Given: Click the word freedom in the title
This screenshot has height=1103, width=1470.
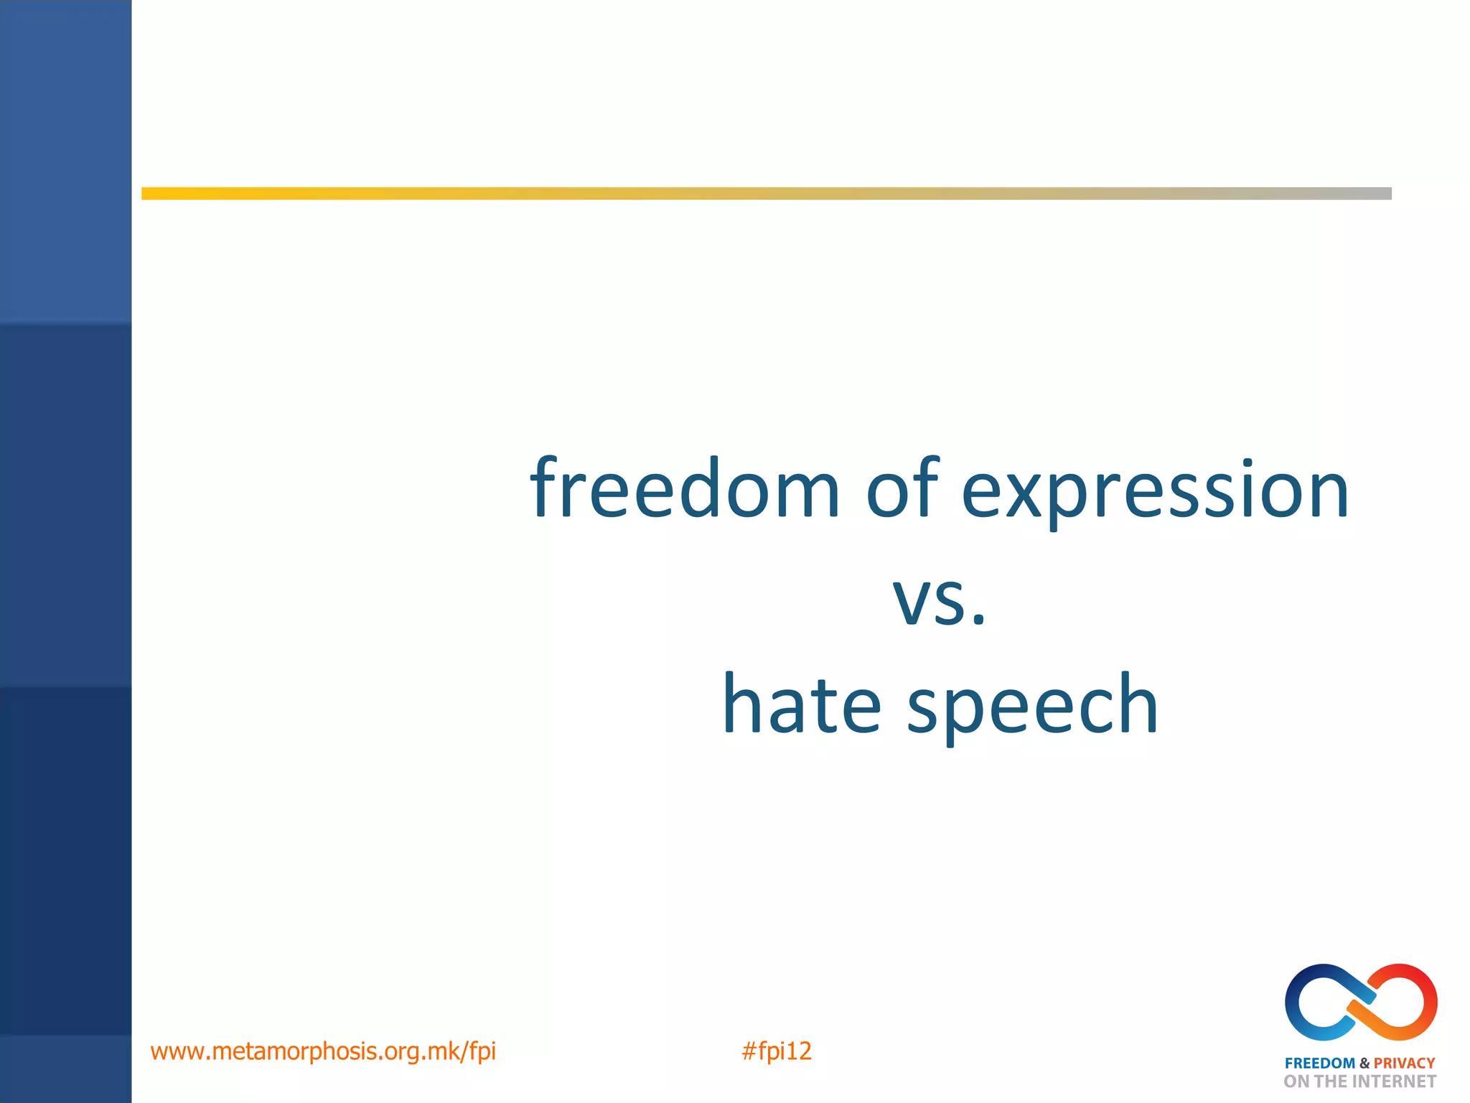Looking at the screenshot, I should pos(684,490).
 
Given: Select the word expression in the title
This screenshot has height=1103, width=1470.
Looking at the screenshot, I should pos(1155,495).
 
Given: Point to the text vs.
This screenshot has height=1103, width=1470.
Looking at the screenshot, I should pos(939,602).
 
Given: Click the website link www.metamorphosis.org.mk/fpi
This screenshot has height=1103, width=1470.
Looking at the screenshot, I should pos(323,1051).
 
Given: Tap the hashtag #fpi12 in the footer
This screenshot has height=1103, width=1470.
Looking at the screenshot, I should pos(776,1051).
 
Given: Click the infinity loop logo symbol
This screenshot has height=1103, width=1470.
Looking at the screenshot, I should pos(1361,1002).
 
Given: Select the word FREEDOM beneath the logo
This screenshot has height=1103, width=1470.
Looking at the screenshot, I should pos(1319,1064).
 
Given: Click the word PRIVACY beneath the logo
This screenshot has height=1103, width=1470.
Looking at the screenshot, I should pos(1404,1064).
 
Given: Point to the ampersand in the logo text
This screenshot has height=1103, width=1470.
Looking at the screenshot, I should pos(1364,1064).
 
